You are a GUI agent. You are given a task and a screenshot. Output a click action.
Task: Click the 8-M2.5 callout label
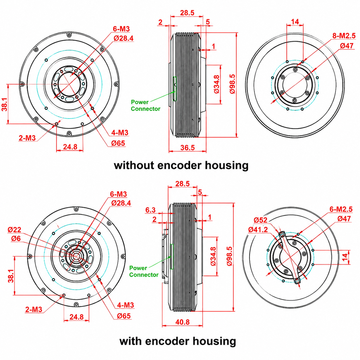click(344, 36)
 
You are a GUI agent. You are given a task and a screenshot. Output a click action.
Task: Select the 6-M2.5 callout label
click(341, 209)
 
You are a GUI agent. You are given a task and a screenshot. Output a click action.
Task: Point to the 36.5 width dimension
click(187, 148)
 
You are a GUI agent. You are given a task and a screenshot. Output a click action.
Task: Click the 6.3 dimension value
click(150, 210)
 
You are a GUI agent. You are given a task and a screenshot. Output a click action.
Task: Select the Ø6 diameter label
click(16, 239)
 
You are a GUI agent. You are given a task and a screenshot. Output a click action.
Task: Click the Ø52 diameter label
click(260, 220)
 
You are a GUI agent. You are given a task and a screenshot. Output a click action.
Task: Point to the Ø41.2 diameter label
click(258, 230)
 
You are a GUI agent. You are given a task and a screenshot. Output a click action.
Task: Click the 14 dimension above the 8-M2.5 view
click(295, 22)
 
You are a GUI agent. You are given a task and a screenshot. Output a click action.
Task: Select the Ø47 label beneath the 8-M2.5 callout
click(347, 46)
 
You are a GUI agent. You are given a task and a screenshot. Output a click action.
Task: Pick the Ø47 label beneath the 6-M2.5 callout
click(344, 218)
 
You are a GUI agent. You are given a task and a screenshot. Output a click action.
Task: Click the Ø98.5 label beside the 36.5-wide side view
click(233, 84)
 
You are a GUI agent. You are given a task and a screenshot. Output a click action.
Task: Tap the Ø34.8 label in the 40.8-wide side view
click(213, 256)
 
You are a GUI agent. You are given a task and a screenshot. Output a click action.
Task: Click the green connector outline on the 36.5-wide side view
click(175, 89)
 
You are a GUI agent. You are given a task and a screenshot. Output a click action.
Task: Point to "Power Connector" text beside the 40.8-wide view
click(144, 271)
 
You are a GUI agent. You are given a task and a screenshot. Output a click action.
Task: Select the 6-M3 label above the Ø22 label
click(118, 194)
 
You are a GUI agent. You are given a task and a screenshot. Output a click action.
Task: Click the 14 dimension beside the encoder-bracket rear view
click(345, 257)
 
